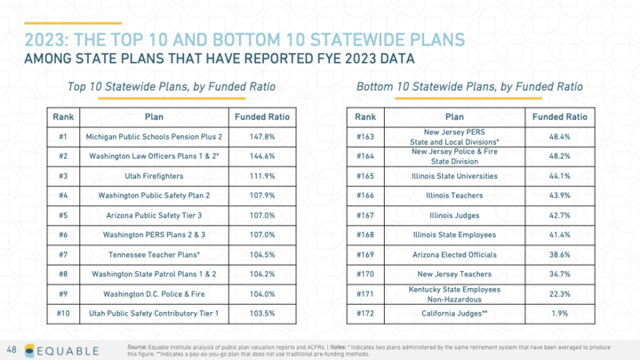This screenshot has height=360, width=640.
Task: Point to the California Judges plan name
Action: click(x=454, y=314)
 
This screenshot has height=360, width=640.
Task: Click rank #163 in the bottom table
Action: click(x=364, y=138)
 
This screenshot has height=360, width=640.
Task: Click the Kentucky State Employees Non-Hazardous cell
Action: click(x=454, y=294)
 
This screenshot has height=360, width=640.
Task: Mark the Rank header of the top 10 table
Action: click(x=62, y=116)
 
